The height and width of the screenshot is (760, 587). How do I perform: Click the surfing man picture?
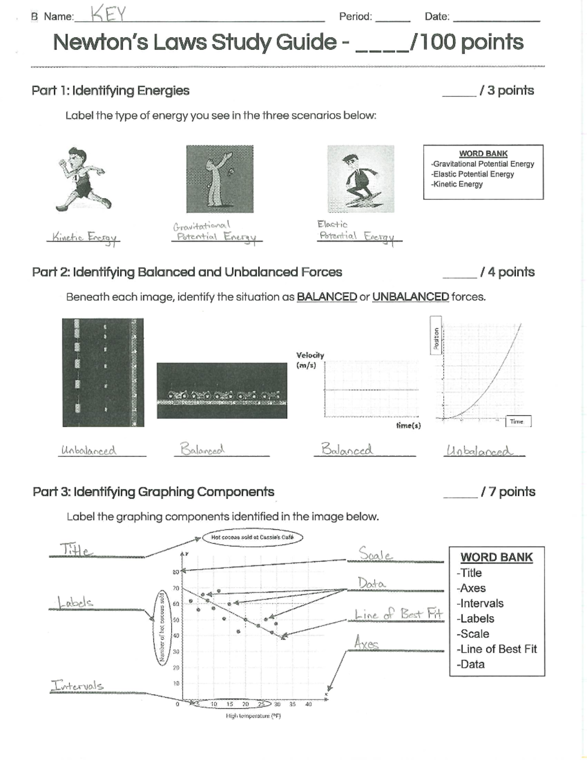361,179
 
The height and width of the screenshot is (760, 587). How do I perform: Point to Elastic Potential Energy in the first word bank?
473,174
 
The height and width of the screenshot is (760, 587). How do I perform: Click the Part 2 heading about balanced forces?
187,272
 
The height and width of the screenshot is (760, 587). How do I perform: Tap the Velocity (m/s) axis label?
310,360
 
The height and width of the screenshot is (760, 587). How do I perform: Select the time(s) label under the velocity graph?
408,426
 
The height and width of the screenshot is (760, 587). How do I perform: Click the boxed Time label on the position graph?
518,421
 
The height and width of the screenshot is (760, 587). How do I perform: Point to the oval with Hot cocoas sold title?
252,537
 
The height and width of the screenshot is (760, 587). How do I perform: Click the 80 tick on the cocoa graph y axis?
176,572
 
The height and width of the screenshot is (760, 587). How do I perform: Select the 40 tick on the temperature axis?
308,704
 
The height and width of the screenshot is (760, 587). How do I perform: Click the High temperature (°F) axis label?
253,716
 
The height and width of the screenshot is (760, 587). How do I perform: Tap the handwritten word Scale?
375,554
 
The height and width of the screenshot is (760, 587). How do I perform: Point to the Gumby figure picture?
220,179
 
